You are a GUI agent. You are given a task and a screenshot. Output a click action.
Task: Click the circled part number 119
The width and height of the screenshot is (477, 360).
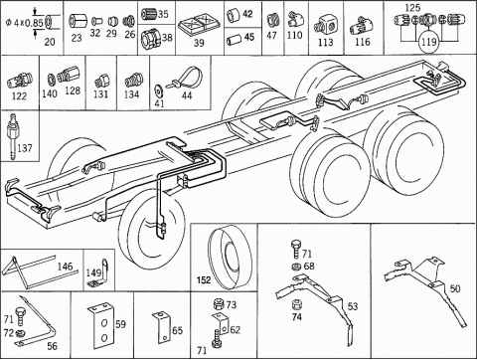pyautogui.click(x=429, y=42)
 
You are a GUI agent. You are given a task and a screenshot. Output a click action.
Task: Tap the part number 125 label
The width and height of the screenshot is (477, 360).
pyautogui.click(x=412, y=7)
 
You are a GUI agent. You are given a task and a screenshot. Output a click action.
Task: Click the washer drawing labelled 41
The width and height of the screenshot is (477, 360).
pyautogui.click(x=158, y=90)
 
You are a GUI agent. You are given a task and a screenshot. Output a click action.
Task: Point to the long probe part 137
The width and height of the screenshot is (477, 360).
pyautogui.click(x=13, y=136)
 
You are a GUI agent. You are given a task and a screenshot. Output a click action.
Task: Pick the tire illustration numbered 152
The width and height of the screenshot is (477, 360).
pyautogui.click(x=230, y=257)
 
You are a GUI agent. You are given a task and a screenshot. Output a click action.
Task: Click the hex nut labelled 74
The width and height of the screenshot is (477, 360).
pyautogui.click(x=296, y=304)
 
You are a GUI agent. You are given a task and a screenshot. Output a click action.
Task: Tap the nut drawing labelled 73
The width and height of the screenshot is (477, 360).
pyautogui.click(x=219, y=304)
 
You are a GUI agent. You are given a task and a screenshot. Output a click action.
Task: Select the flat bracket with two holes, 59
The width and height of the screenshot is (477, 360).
pyautogui.click(x=101, y=326)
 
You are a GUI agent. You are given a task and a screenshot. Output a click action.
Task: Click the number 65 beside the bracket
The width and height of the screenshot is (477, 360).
pyautogui.click(x=177, y=330)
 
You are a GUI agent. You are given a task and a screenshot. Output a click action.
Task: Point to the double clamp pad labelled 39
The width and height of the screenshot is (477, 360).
pyautogui.click(x=199, y=26)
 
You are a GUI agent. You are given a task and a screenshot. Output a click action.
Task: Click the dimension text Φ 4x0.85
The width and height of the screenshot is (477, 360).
pyautogui.click(x=24, y=23)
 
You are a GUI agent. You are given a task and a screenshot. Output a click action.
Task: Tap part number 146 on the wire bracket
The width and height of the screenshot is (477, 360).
pyautogui.click(x=65, y=267)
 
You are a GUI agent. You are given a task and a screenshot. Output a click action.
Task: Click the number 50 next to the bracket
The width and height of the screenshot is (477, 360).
pyautogui.click(x=455, y=288)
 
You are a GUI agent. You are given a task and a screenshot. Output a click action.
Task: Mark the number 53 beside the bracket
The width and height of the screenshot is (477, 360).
pyautogui.click(x=353, y=306)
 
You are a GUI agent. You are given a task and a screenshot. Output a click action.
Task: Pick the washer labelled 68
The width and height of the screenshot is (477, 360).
pyautogui.click(x=296, y=267)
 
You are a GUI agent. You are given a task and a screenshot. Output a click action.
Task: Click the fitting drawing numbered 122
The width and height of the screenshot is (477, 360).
pyautogui.click(x=20, y=81)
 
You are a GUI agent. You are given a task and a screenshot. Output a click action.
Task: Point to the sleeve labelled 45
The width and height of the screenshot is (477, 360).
pyautogui.click(x=234, y=40)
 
